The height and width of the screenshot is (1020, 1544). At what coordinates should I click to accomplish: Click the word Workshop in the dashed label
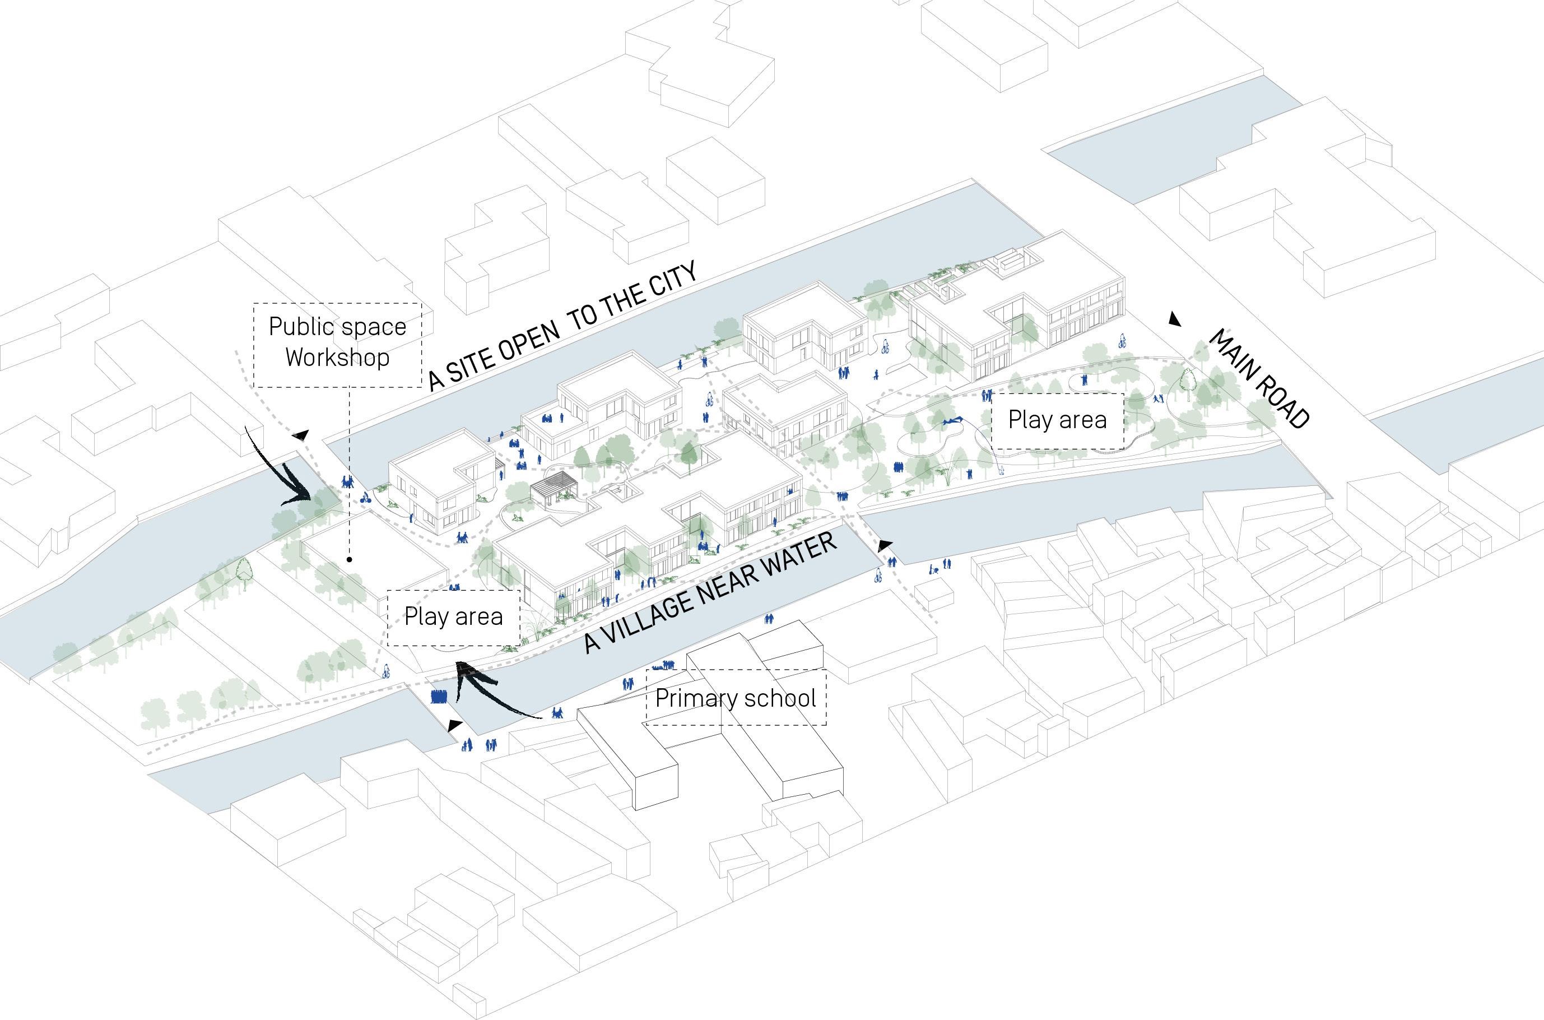(x=337, y=357)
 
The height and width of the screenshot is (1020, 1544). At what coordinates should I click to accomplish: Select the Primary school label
(x=735, y=698)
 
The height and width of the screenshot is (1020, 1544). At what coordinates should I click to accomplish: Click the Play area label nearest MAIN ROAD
(x=1057, y=420)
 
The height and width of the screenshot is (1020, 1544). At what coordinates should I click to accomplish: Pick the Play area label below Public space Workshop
(x=453, y=616)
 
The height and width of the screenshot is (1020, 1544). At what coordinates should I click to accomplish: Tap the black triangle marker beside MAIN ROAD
(x=1174, y=319)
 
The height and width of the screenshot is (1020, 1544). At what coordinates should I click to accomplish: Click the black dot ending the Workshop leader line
(x=350, y=559)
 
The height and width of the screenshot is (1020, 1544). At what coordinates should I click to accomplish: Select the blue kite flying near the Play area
(x=953, y=423)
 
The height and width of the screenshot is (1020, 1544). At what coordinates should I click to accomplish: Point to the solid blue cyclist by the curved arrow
(x=366, y=499)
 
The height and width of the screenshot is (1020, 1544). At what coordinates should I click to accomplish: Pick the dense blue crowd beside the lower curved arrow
(x=439, y=696)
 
